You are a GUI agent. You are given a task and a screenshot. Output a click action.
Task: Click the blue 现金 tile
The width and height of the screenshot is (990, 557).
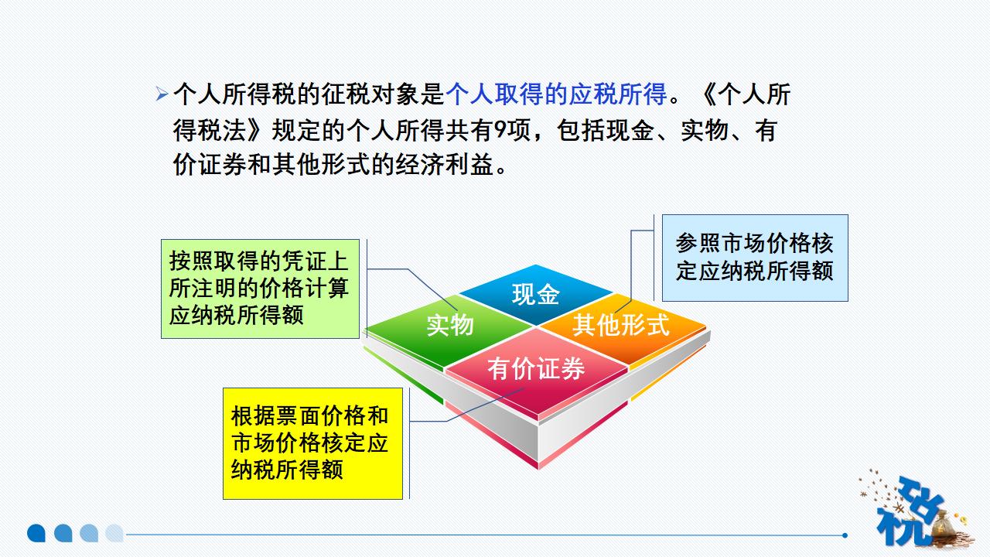coord(536,295)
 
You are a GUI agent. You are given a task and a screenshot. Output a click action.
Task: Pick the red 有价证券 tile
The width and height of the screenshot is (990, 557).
coord(536,371)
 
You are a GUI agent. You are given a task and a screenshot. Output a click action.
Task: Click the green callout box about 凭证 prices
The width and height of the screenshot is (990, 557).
coord(260,289)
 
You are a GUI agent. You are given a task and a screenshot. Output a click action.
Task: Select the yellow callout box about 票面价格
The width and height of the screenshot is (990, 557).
coord(312,443)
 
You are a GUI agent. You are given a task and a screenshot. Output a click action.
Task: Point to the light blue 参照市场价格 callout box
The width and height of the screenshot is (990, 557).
coord(755,258)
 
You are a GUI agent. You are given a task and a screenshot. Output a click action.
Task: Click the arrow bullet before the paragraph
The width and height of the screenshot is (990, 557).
coord(162,94)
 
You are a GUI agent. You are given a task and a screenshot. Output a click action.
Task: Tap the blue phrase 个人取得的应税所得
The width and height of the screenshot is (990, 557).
coord(556,94)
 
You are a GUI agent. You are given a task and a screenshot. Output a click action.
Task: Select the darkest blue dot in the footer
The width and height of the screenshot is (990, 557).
coord(36,533)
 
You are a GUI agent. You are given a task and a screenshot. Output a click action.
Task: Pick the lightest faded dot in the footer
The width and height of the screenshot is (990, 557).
coord(114,533)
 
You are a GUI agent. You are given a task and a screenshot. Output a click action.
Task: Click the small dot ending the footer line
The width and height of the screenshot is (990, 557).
coord(845,535)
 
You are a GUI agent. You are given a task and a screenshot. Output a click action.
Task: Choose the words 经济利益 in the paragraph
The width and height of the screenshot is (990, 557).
coord(444,165)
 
